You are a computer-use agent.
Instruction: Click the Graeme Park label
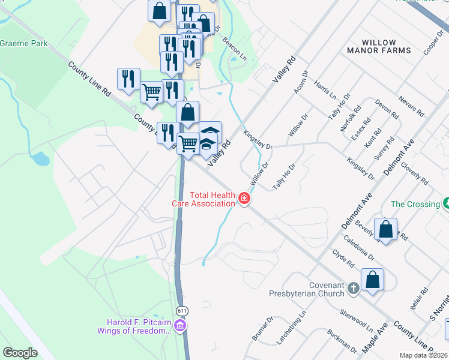[23, 43]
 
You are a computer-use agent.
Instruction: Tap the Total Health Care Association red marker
[244, 199]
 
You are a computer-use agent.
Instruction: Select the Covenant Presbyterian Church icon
[354, 289]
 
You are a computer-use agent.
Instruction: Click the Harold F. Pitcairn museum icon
[181, 326]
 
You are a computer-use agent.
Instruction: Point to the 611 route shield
[182, 310]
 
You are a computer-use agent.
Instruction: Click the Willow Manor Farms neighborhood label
[387, 46]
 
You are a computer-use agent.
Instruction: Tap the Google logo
[20, 353]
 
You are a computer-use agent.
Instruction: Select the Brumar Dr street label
[263, 329]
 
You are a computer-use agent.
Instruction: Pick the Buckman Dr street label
[342, 340]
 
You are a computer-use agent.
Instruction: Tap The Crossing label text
[415, 204]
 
